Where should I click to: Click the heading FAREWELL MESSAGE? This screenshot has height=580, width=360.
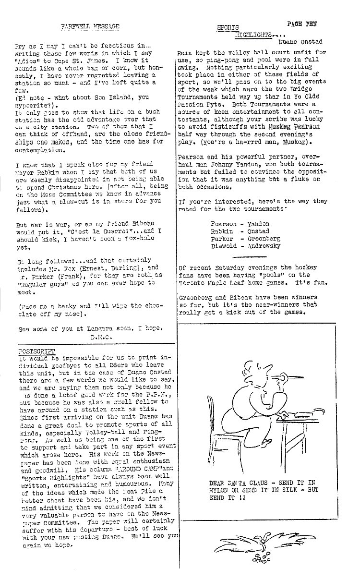[x=90, y=27]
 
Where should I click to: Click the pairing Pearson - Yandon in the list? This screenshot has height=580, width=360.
[x=240, y=224]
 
